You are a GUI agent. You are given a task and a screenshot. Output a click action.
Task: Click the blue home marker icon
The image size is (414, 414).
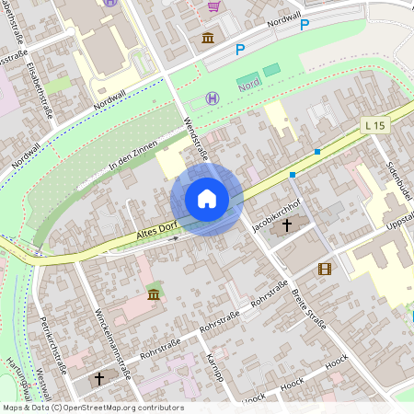[x=207, y=199]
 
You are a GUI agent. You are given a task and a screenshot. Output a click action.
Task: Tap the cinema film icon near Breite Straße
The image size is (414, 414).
[x=324, y=269]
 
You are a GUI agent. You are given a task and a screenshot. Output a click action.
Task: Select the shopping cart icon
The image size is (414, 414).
[x=213, y=6]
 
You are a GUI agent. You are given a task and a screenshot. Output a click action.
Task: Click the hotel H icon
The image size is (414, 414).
[x=213, y=98]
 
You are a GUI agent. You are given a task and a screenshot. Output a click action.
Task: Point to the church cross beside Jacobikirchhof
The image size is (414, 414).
[x=286, y=224]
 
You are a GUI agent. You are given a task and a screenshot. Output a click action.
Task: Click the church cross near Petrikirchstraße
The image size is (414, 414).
[x=99, y=378]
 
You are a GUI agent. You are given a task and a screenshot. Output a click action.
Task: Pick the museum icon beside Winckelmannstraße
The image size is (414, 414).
[x=153, y=293]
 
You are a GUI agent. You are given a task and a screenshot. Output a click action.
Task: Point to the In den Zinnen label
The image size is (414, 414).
[x=133, y=151]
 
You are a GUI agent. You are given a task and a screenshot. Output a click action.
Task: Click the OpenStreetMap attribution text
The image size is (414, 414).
[x=92, y=408]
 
